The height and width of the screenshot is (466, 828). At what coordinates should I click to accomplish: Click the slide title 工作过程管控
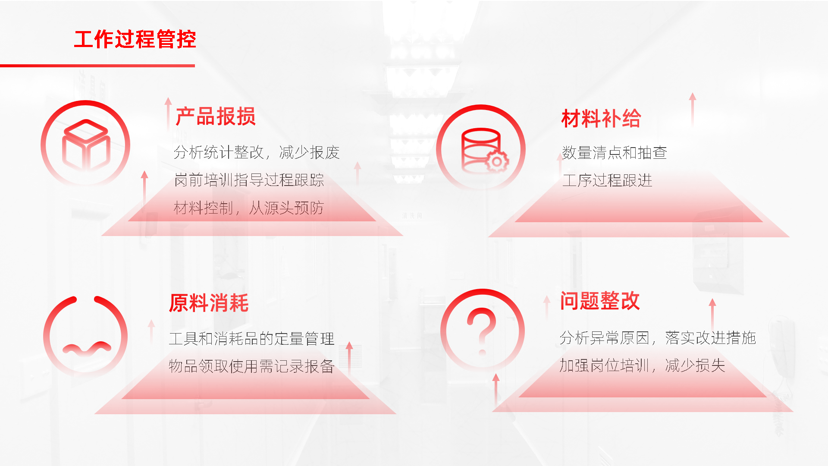coord(135,39)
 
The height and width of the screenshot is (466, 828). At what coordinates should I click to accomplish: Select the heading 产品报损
coord(216,116)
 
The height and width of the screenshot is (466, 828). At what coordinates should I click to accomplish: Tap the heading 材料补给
coord(601,118)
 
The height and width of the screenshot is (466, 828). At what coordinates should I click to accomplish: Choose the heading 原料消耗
coord(209,303)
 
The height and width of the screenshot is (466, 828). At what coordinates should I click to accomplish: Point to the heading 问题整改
coord(600,301)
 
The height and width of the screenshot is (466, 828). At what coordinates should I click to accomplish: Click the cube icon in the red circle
coord(86,145)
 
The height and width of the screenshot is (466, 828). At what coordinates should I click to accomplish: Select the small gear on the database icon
coord(497,162)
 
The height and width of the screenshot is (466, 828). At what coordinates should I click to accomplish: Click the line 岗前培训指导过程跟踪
coord(249,180)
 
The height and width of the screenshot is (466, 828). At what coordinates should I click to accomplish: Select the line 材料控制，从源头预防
coord(249,208)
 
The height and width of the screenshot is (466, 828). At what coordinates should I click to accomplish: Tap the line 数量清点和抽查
coord(615,153)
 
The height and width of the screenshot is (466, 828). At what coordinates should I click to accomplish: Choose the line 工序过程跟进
coord(607,180)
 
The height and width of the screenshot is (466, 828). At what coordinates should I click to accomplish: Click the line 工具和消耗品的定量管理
coord(252,339)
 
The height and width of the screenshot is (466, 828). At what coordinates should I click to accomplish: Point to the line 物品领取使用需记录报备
coord(252,366)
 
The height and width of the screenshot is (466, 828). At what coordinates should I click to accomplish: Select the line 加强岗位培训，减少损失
coord(643,365)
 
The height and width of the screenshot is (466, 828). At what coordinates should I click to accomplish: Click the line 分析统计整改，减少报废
coord(257,152)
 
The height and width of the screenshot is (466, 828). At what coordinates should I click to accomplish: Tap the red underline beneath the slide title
coord(97,66)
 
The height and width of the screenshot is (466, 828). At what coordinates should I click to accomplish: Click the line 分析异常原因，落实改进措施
coord(658,338)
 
